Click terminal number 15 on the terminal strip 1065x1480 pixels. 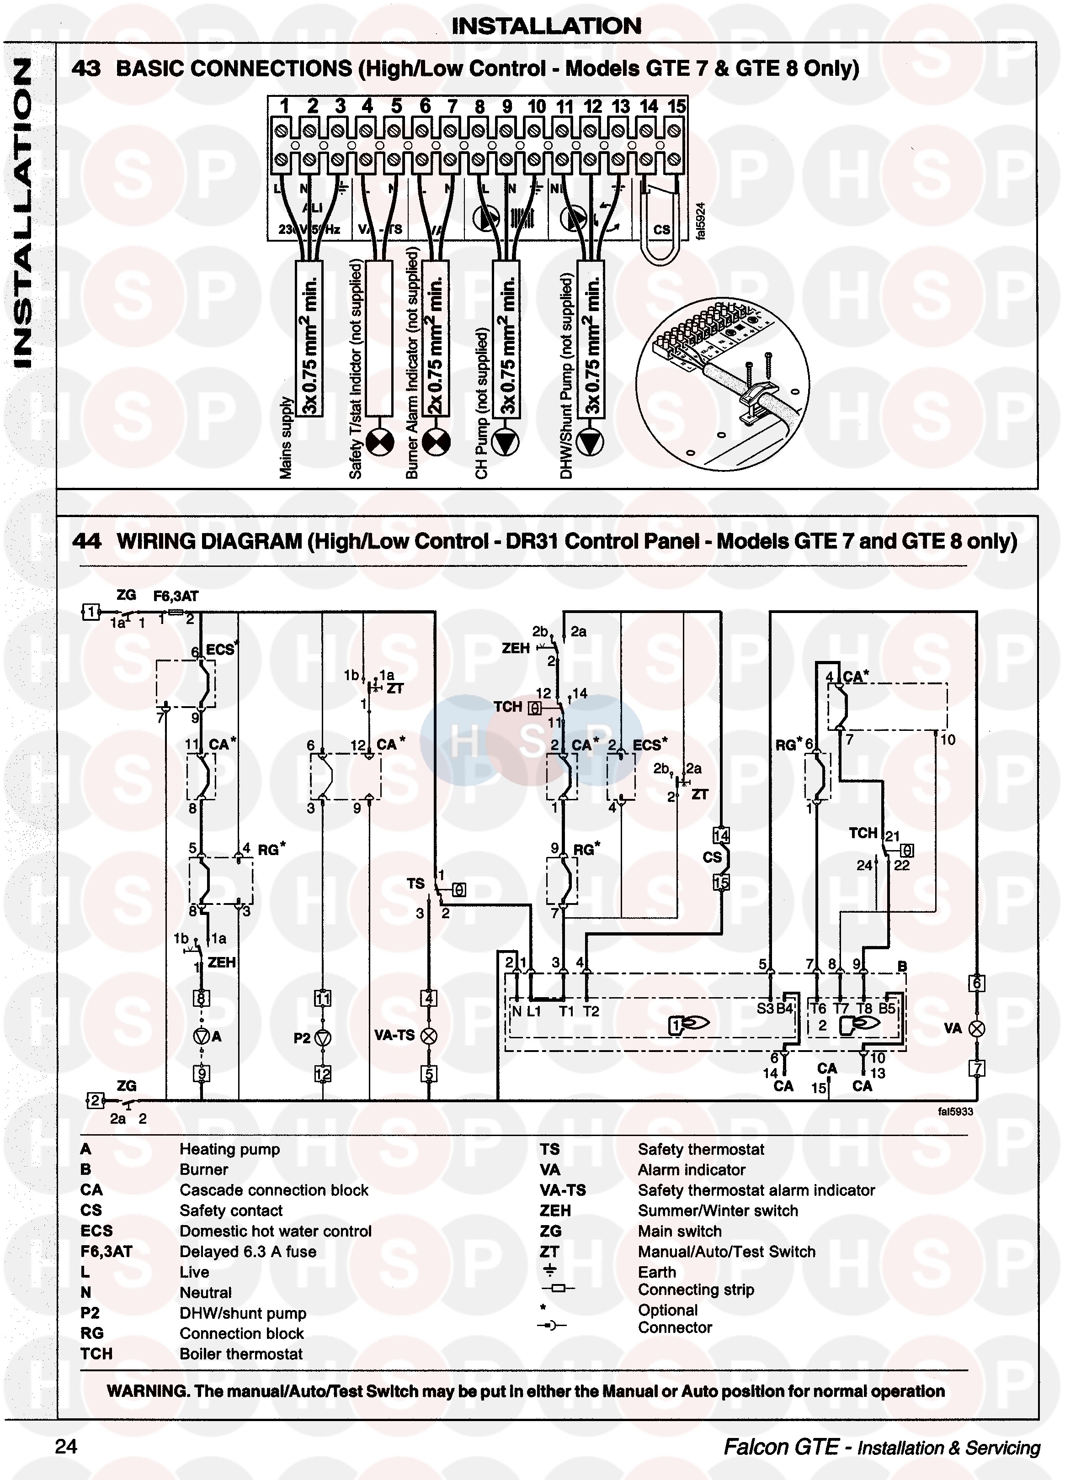pyautogui.click(x=676, y=106)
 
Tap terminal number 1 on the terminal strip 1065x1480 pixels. pyautogui.click(x=284, y=106)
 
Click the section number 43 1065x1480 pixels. pyautogui.click(x=86, y=69)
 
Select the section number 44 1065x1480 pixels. pyautogui.click(x=86, y=541)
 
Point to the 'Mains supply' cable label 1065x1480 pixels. pyautogui.click(x=285, y=437)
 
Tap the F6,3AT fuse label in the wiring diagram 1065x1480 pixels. pyautogui.click(x=176, y=596)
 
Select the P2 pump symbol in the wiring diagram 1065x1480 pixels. pyautogui.click(x=323, y=1037)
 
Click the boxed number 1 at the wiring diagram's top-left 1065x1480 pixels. pyautogui.click(x=91, y=612)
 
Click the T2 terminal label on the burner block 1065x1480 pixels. pyautogui.click(x=591, y=1011)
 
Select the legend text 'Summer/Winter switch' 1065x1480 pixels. pyautogui.click(x=718, y=1210)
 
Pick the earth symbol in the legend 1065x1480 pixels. pyautogui.click(x=550, y=1270)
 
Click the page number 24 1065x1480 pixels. pyautogui.click(x=66, y=1446)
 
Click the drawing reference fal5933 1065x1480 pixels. pyautogui.click(x=955, y=1111)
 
